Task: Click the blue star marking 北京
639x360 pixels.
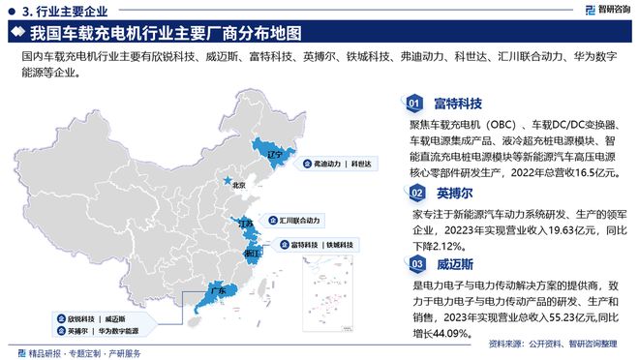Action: [228, 180]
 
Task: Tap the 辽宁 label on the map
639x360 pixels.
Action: [273, 154]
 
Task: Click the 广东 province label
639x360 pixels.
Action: [218, 290]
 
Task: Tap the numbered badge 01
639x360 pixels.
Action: [413, 102]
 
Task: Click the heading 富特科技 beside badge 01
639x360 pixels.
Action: [458, 102]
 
